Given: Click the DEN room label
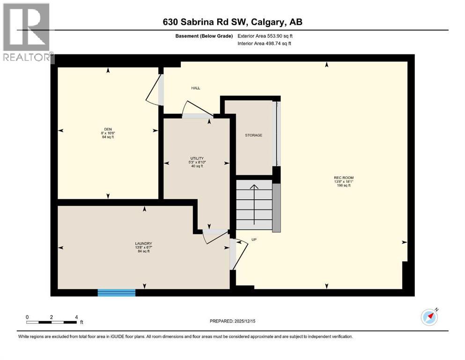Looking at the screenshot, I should point(108,130).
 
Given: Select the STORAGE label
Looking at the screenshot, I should point(253,135).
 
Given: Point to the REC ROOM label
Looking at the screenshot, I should point(343,178).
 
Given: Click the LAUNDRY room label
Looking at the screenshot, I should point(143,244).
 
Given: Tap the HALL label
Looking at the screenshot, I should point(196,88).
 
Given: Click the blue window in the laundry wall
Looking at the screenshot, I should point(116,293).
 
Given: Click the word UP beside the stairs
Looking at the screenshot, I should point(254,240).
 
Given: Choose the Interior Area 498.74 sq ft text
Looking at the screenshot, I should point(265,43).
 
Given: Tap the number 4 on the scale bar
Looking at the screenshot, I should point(76,317).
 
